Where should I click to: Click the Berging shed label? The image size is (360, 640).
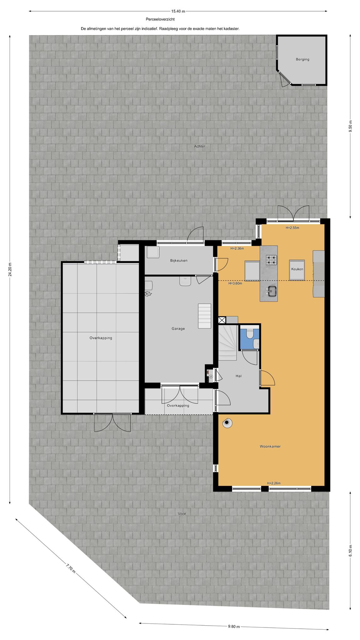pyautogui.click(x=302, y=59)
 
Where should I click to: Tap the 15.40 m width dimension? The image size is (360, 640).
pyautogui.click(x=178, y=11)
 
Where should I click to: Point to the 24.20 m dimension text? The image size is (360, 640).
pyautogui.click(x=10, y=269)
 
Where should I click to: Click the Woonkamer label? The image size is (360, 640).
pyautogui.click(x=270, y=446)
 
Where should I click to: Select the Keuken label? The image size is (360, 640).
pyautogui.click(x=297, y=269)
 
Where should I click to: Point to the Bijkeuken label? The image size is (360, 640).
pyautogui.click(x=179, y=260)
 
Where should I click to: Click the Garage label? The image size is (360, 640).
pyautogui.click(x=178, y=328)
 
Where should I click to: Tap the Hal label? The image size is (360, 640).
pyautogui.click(x=239, y=376)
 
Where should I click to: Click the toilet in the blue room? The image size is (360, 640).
pyautogui.click(x=250, y=334)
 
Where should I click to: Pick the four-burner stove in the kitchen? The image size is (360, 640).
pyautogui.click(x=271, y=260)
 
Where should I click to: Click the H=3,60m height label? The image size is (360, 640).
pyautogui.click(x=235, y=283)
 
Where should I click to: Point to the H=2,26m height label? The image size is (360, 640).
pyautogui.click(x=274, y=483)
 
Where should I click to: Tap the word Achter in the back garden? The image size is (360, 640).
pyautogui.click(x=199, y=146)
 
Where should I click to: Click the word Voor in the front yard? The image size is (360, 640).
pyautogui.click(x=182, y=513)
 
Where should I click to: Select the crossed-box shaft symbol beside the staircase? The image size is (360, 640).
pyautogui.click(x=222, y=320)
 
